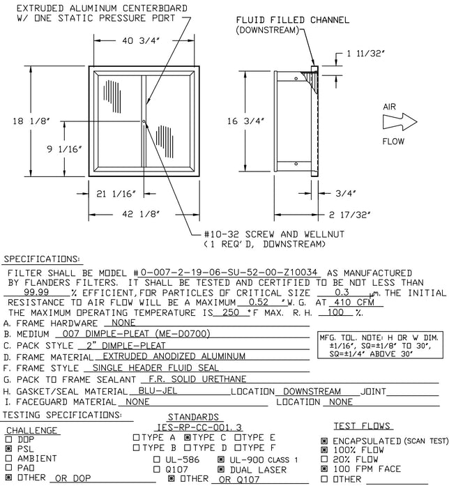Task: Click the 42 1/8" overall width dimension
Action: [x=144, y=213]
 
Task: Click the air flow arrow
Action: [x=400, y=123]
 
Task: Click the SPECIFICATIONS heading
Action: [x=43, y=259]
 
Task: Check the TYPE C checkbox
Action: [x=188, y=437]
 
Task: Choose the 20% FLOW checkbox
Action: [x=324, y=460]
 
